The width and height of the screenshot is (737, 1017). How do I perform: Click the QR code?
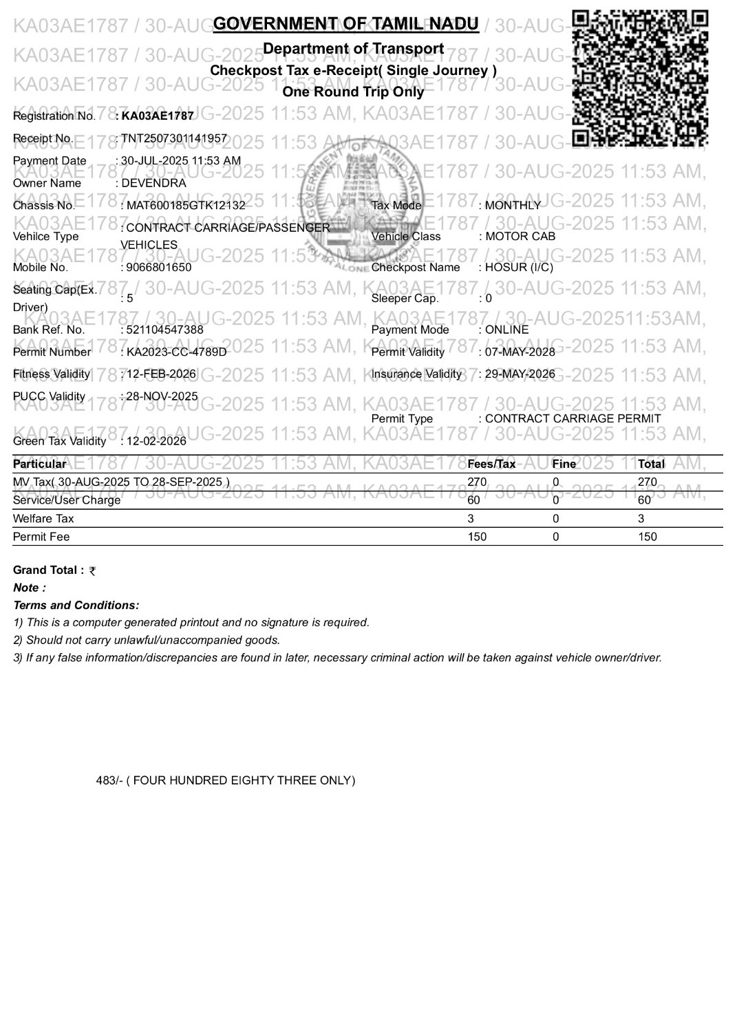639,77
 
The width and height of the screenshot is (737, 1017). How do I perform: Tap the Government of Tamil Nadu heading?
345,24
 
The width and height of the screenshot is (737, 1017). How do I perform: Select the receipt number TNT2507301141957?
174,138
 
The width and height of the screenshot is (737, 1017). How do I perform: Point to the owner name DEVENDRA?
153,183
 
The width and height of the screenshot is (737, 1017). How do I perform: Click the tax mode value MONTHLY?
513,205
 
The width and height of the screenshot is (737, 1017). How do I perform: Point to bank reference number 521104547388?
165,330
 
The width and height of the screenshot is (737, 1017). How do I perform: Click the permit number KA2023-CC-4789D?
176,352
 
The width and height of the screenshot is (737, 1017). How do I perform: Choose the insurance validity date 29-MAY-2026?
520,374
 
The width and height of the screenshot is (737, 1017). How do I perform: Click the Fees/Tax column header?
491,464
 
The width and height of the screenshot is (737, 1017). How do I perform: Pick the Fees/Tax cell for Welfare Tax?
471,519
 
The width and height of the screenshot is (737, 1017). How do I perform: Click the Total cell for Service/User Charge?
644,500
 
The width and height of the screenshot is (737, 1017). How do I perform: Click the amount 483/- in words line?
226,780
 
